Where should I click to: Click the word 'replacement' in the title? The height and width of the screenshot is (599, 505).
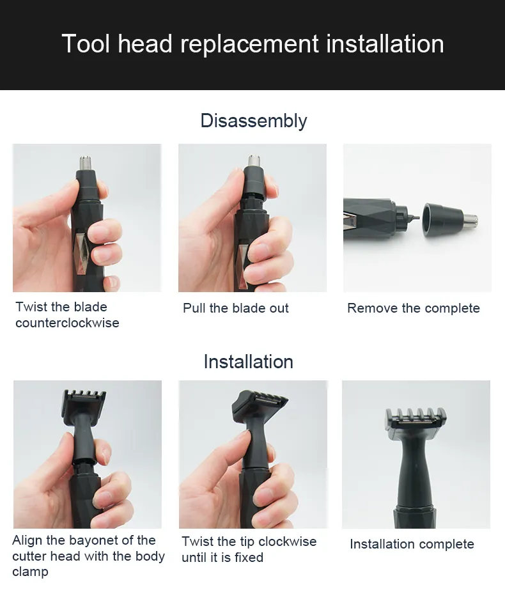249,45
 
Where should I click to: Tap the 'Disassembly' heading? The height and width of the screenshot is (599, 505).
254,121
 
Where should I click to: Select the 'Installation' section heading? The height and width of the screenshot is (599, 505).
248,361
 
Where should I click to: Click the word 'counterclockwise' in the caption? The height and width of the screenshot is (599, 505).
67,323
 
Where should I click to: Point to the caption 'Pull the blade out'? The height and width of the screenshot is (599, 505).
236,308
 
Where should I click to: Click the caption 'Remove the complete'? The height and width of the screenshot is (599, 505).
414,308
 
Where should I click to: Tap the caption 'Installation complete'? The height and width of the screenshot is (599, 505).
412,544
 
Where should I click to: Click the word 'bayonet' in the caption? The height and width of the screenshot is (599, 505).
101,541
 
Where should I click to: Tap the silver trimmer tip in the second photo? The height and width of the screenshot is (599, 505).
254,161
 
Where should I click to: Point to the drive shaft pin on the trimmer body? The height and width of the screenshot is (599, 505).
414,218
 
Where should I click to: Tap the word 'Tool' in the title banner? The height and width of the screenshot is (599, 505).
86,44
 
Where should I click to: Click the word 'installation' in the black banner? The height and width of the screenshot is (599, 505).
385,44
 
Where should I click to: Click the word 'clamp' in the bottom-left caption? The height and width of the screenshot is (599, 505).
30,572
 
